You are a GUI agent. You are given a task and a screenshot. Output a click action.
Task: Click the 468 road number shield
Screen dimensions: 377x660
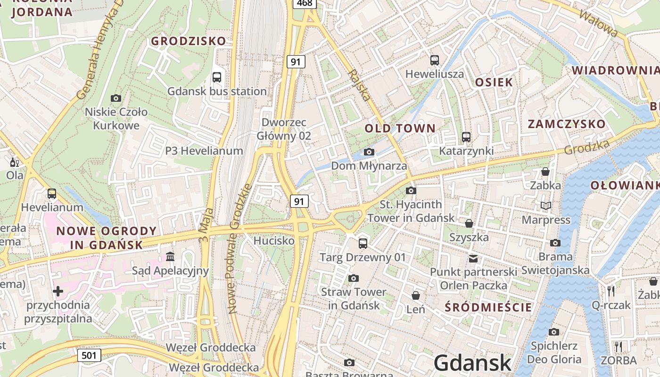tap(305, 3)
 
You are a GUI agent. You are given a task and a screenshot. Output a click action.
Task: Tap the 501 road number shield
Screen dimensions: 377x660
tap(89, 355)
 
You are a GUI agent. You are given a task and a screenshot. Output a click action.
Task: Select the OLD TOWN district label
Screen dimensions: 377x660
tap(400, 128)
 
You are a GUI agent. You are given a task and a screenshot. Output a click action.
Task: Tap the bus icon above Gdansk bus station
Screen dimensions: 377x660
tap(217, 77)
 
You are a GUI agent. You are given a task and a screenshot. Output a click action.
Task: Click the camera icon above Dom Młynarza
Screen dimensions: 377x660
tap(369, 152)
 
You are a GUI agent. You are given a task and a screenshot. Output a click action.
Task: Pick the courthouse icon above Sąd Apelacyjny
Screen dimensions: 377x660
tap(170, 257)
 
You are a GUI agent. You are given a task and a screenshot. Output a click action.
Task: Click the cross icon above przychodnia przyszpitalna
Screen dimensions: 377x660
tap(58, 291)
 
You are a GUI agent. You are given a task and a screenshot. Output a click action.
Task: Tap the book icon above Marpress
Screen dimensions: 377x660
tap(546, 206)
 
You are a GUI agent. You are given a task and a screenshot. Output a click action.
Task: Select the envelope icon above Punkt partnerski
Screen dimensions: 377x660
tap(473, 258)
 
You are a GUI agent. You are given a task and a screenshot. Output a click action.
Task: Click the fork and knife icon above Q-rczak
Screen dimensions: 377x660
tap(611, 291)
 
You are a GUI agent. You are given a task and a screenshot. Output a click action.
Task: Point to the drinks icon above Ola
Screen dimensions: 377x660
tap(15, 163)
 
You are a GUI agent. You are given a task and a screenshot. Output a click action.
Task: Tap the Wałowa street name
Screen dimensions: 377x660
tap(598, 23)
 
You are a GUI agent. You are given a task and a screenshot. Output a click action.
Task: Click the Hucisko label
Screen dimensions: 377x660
tap(274, 241)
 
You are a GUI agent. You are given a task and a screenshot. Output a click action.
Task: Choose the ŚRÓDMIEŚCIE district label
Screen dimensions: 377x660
tap(488, 308)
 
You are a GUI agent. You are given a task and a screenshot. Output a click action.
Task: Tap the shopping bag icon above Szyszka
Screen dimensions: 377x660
tap(469, 223)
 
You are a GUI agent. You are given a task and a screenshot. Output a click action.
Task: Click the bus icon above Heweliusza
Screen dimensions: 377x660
tap(435, 60)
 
